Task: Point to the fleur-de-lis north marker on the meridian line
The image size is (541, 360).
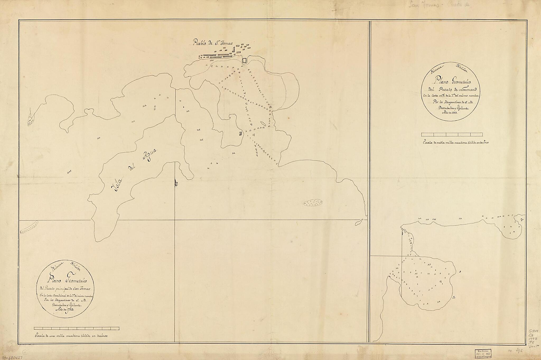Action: pos(176,183)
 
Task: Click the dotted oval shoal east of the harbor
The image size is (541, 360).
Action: pos(313,203)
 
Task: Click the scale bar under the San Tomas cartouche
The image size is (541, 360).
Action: pos(77,329)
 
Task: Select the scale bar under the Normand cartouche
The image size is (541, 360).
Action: pos(452,134)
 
